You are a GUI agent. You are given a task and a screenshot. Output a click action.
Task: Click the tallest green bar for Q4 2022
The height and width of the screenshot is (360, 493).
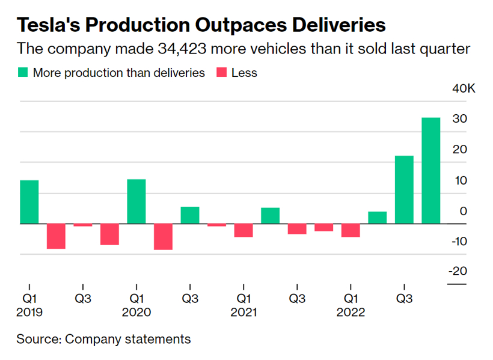[430, 170]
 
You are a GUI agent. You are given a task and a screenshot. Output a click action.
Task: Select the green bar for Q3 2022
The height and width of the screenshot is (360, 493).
[404, 189]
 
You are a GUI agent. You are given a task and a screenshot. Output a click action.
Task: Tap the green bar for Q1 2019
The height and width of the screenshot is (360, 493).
[29, 202]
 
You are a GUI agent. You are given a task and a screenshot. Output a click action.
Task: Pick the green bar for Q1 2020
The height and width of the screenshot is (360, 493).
[136, 201]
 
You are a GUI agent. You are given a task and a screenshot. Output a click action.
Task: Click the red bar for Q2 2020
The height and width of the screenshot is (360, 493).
[163, 236]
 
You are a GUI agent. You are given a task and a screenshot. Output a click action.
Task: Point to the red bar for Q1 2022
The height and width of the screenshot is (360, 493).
[351, 230]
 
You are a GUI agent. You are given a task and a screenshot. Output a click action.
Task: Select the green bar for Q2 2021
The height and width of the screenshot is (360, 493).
[270, 215]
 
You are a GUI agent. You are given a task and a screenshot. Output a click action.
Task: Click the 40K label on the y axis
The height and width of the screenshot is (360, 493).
[464, 89]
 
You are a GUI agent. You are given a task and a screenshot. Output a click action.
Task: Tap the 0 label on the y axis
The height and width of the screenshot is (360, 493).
[463, 211]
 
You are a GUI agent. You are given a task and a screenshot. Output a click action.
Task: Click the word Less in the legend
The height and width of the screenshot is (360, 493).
[244, 73]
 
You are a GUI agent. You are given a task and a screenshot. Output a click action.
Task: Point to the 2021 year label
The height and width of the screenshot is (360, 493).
[243, 313]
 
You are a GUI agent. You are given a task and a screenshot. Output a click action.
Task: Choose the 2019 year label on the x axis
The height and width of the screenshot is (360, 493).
[29, 313]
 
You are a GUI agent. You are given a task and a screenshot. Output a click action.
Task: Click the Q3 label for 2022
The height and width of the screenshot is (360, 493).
[403, 298]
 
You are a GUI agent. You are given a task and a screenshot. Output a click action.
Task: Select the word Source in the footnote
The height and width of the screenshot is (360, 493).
[37, 339]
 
